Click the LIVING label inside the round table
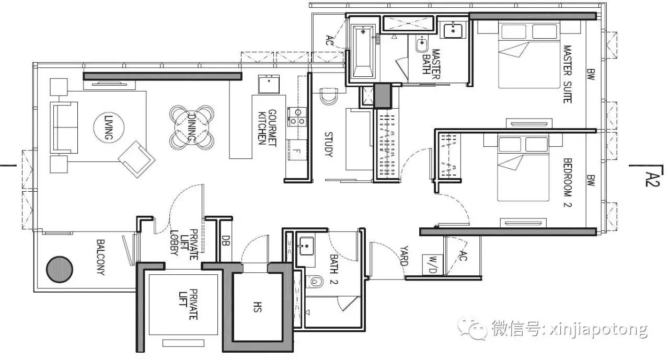[x=108, y=128]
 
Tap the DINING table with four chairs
[x=192, y=127]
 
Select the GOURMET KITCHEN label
[x=267, y=128]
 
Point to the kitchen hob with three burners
[x=297, y=117]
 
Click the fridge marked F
[x=296, y=150]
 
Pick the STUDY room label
[x=329, y=145]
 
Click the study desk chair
[x=329, y=96]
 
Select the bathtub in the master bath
[x=363, y=51]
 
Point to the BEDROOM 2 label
[x=567, y=182]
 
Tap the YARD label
[x=404, y=256]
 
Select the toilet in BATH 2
[x=315, y=281]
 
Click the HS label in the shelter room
[x=258, y=307]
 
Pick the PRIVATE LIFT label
[x=188, y=304]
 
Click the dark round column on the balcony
[x=60, y=269]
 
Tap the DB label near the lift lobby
[x=226, y=241]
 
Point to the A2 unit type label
[x=652, y=179]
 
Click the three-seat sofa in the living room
[x=64, y=127]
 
